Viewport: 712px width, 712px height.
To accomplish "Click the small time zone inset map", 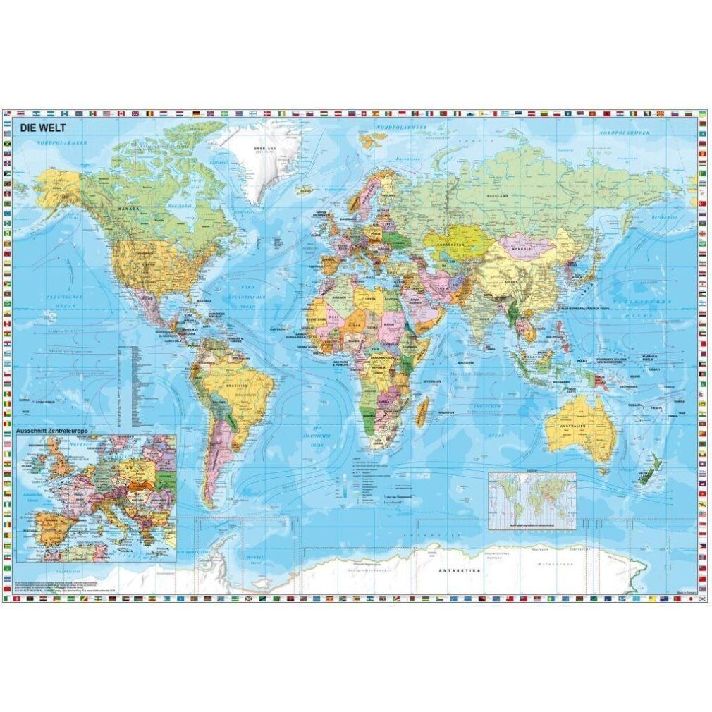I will (x=532, y=501).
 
